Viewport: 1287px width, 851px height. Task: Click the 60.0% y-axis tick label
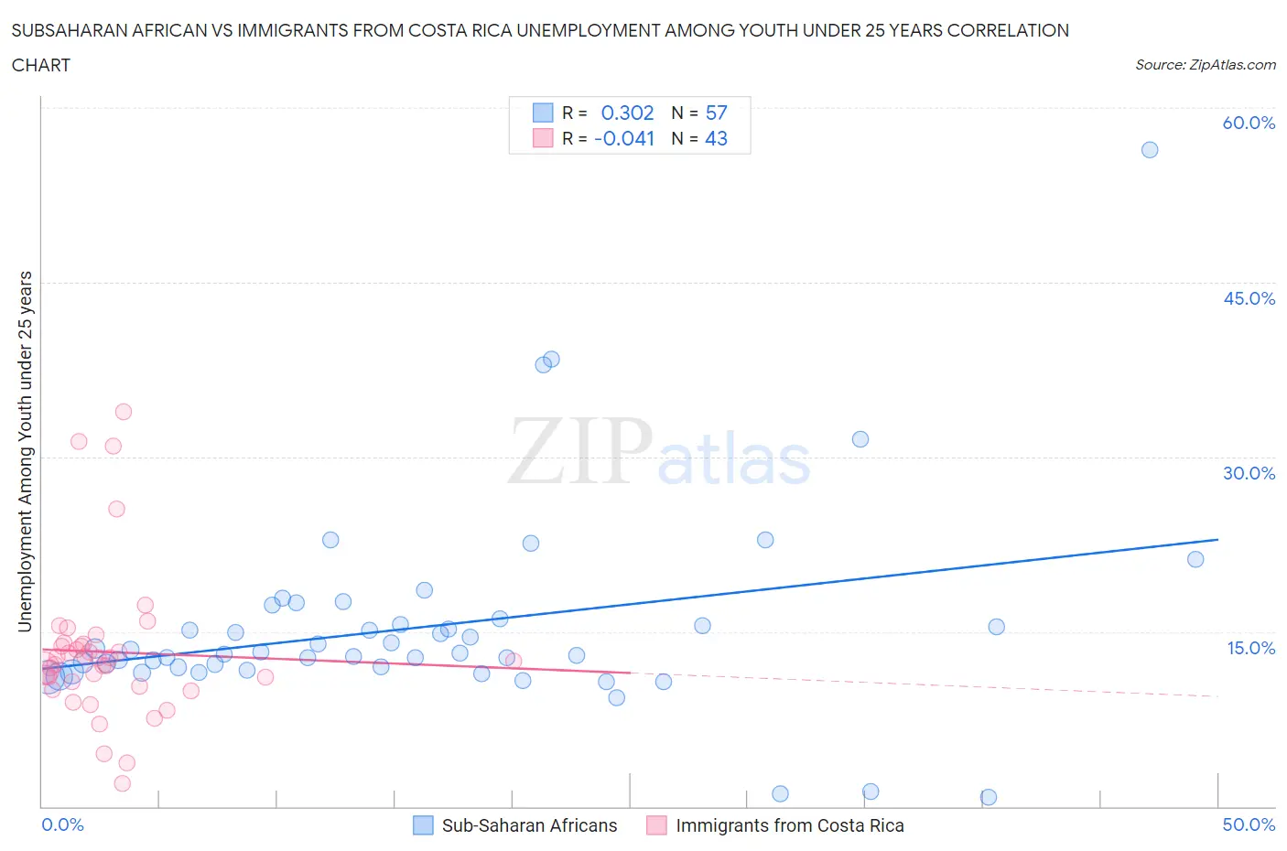tap(1249, 123)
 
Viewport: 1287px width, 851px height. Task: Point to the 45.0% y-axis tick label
tap(1249, 298)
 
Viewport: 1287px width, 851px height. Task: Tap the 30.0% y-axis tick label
tap(1249, 473)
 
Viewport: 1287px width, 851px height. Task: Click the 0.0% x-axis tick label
tap(62, 824)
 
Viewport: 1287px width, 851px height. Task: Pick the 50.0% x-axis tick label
tap(1249, 824)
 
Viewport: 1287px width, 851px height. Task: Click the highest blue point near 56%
tap(1150, 150)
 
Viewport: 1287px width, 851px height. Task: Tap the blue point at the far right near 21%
tap(1195, 559)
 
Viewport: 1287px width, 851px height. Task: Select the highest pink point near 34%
tap(124, 412)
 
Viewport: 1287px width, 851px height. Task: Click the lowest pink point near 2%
tap(123, 783)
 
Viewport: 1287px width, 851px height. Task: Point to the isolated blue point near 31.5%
tap(860, 439)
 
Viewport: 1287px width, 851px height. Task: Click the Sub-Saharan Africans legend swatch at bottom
tap(423, 825)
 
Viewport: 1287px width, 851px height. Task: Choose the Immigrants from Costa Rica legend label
tap(789, 825)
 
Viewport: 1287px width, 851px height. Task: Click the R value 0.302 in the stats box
tap(627, 113)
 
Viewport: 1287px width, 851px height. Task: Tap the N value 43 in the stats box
tap(716, 138)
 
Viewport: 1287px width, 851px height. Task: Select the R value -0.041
tap(624, 138)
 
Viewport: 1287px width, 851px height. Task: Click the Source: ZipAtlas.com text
tap(1205, 65)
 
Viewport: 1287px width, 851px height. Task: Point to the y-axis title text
tap(25, 451)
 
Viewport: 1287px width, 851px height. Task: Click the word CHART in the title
tap(41, 65)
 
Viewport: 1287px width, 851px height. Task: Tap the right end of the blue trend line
tap(1217, 540)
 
